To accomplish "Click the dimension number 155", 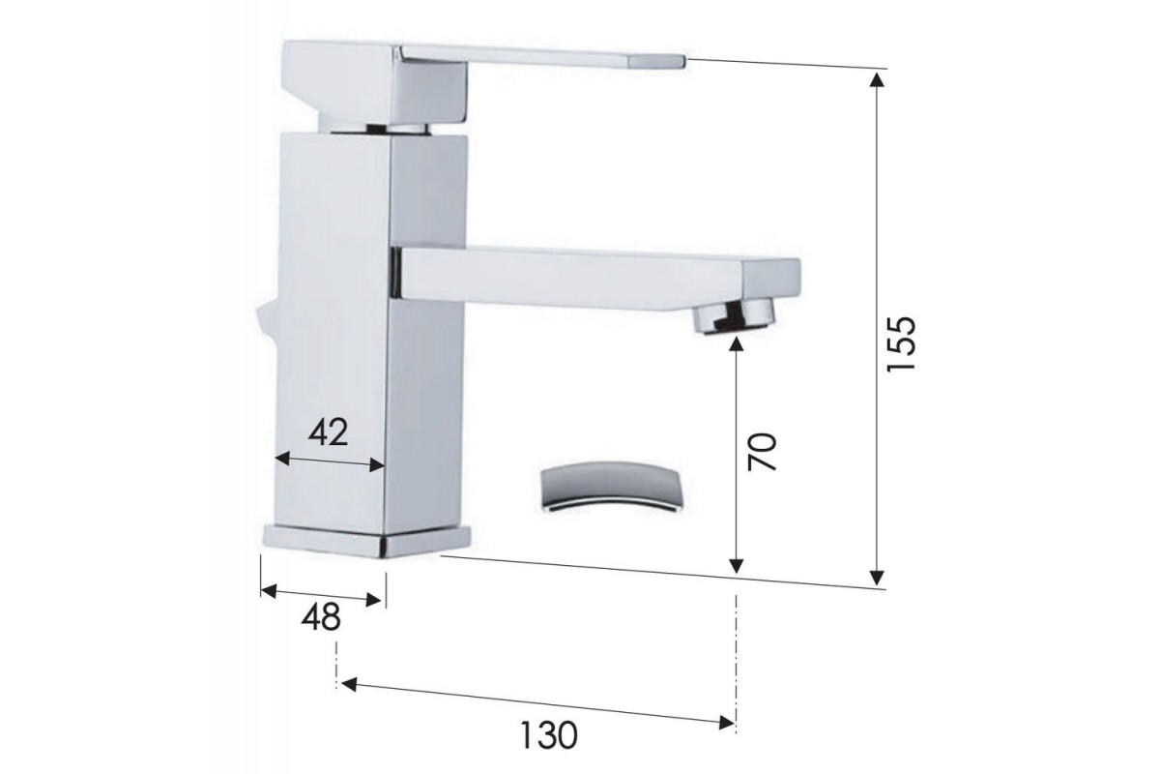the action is point(901,343).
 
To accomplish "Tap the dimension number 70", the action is point(763,451).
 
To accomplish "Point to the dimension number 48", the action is point(321,617).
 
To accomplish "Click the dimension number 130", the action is point(548,734).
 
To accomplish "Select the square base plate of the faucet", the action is point(367,541).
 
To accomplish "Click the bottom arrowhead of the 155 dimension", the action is point(876,578).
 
